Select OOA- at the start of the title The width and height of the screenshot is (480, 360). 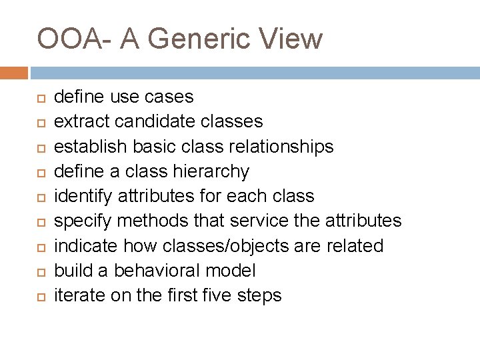(71, 39)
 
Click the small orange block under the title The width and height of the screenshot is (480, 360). (14, 72)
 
